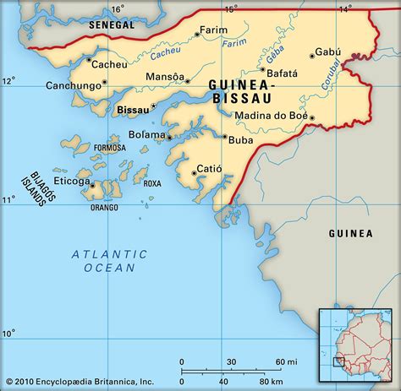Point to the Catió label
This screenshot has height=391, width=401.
click(x=209, y=169)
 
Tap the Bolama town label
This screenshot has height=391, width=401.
click(x=146, y=135)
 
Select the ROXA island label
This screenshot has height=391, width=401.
click(x=152, y=183)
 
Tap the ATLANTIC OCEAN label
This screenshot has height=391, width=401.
click(x=109, y=260)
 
